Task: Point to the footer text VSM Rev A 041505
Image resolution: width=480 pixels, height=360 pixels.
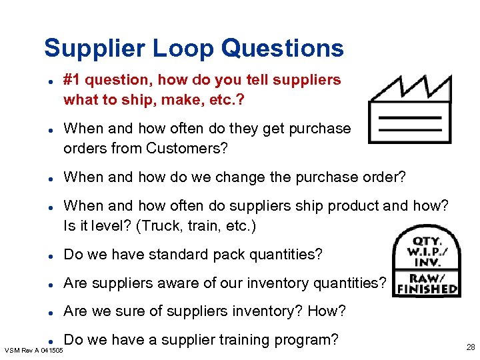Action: coord(34,350)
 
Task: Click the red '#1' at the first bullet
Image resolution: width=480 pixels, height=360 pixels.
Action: coord(72,80)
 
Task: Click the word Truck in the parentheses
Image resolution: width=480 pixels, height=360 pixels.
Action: coord(159,225)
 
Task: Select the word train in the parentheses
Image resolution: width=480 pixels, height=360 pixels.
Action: coord(199,225)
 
